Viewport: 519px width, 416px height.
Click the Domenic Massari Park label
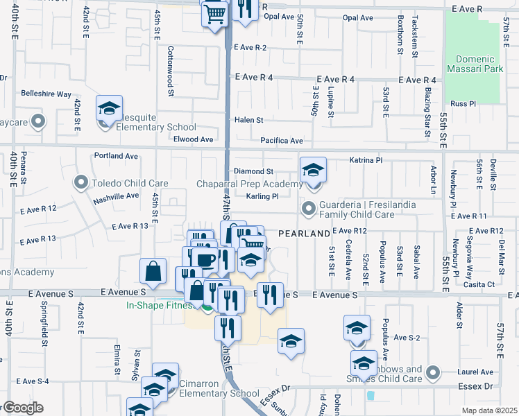coord(476,64)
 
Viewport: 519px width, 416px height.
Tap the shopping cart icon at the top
coord(215,13)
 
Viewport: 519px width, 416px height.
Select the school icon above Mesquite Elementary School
coord(109,109)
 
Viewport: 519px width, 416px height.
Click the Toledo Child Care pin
coord(82,184)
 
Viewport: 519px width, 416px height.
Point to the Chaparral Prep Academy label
coord(249,184)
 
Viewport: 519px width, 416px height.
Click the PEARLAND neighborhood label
coord(304,234)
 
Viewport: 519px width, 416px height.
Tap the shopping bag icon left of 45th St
coord(153,272)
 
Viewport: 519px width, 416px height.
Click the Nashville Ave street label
coord(117,196)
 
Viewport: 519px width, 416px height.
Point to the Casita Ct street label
coord(480,284)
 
